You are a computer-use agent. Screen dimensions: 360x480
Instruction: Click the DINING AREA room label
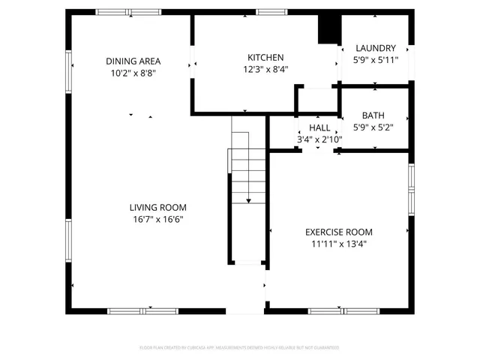tap(133, 61)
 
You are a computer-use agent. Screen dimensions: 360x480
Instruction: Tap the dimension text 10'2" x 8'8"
tap(133, 73)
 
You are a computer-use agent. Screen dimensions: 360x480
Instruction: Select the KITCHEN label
tap(265, 58)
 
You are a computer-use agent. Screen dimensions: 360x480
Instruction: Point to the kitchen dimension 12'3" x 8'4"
tap(265, 69)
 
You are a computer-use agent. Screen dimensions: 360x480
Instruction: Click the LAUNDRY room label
tap(375, 48)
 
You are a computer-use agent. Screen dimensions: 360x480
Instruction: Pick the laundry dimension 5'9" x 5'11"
tap(375, 60)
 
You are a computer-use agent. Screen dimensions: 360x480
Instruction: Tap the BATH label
tap(373, 115)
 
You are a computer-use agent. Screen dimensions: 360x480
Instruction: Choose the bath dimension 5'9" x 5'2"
tap(373, 127)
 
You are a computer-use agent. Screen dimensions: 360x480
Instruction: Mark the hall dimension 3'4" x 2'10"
tap(319, 139)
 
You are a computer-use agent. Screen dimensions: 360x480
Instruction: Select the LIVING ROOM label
tap(157, 208)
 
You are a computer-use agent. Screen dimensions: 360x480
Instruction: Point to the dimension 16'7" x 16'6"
tap(157, 219)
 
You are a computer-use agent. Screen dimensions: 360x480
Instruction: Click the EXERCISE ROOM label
tap(338, 232)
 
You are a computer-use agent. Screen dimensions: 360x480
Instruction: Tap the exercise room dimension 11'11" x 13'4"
tap(338, 244)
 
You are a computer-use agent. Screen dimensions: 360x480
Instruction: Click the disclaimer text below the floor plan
tap(239, 348)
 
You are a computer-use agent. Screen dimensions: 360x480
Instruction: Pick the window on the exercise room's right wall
tap(410, 189)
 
